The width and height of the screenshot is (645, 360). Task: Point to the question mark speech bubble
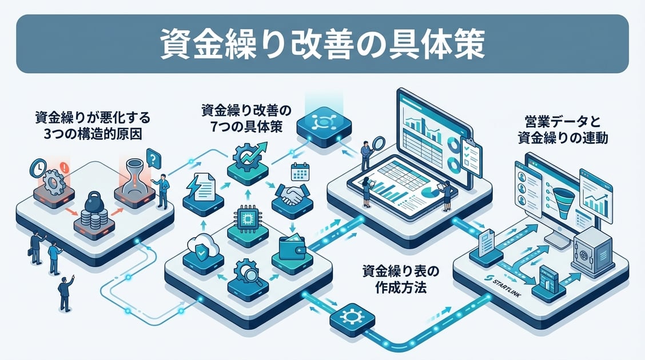[x=153, y=157]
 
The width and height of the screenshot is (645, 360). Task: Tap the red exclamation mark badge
[x=63, y=168]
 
